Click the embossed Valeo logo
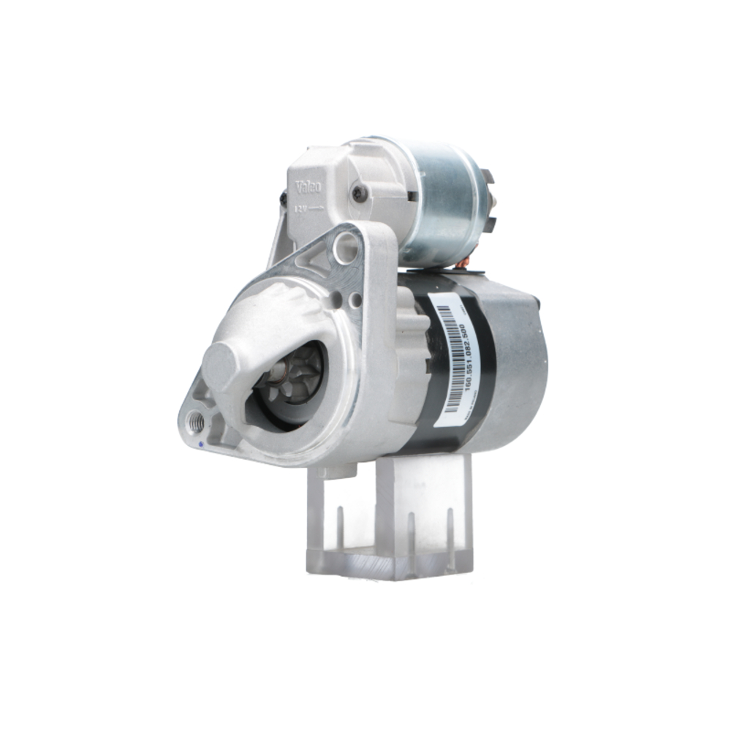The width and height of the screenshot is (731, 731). point(309,189)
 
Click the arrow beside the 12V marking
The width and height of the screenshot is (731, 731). point(316,208)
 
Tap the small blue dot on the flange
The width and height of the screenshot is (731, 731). point(199,444)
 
